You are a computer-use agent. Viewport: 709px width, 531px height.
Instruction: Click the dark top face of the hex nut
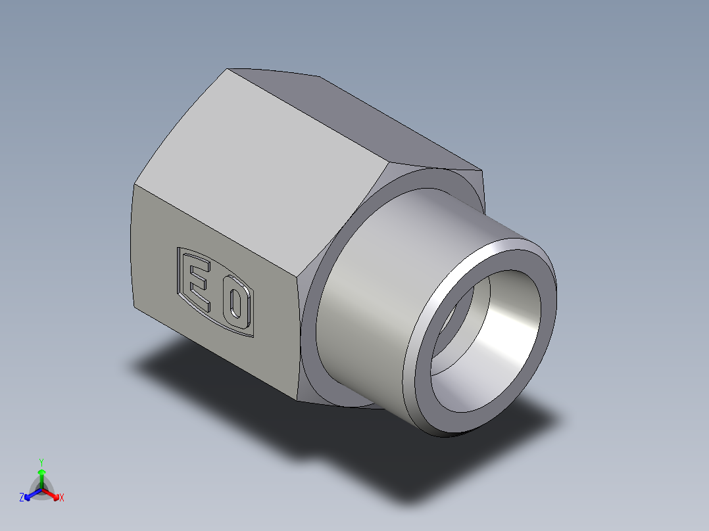click(x=368, y=118)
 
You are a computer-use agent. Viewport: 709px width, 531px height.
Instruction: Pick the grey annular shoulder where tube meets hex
click(x=316, y=342)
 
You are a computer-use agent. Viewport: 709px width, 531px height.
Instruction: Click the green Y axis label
click(x=41, y=462)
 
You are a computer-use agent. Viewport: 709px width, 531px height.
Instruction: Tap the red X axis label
click(x=62, y=498)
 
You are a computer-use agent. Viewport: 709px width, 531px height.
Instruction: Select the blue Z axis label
click(x=22, y=498)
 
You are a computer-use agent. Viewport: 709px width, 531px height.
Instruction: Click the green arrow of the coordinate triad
click(x=41, y=476)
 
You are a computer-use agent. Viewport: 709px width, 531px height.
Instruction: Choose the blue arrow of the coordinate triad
click(x=30, y=494)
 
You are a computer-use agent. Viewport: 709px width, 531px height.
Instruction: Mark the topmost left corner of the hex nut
click(x=228, y=69)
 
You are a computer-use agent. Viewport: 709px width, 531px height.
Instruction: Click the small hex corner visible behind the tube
click(x=479, y=176)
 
